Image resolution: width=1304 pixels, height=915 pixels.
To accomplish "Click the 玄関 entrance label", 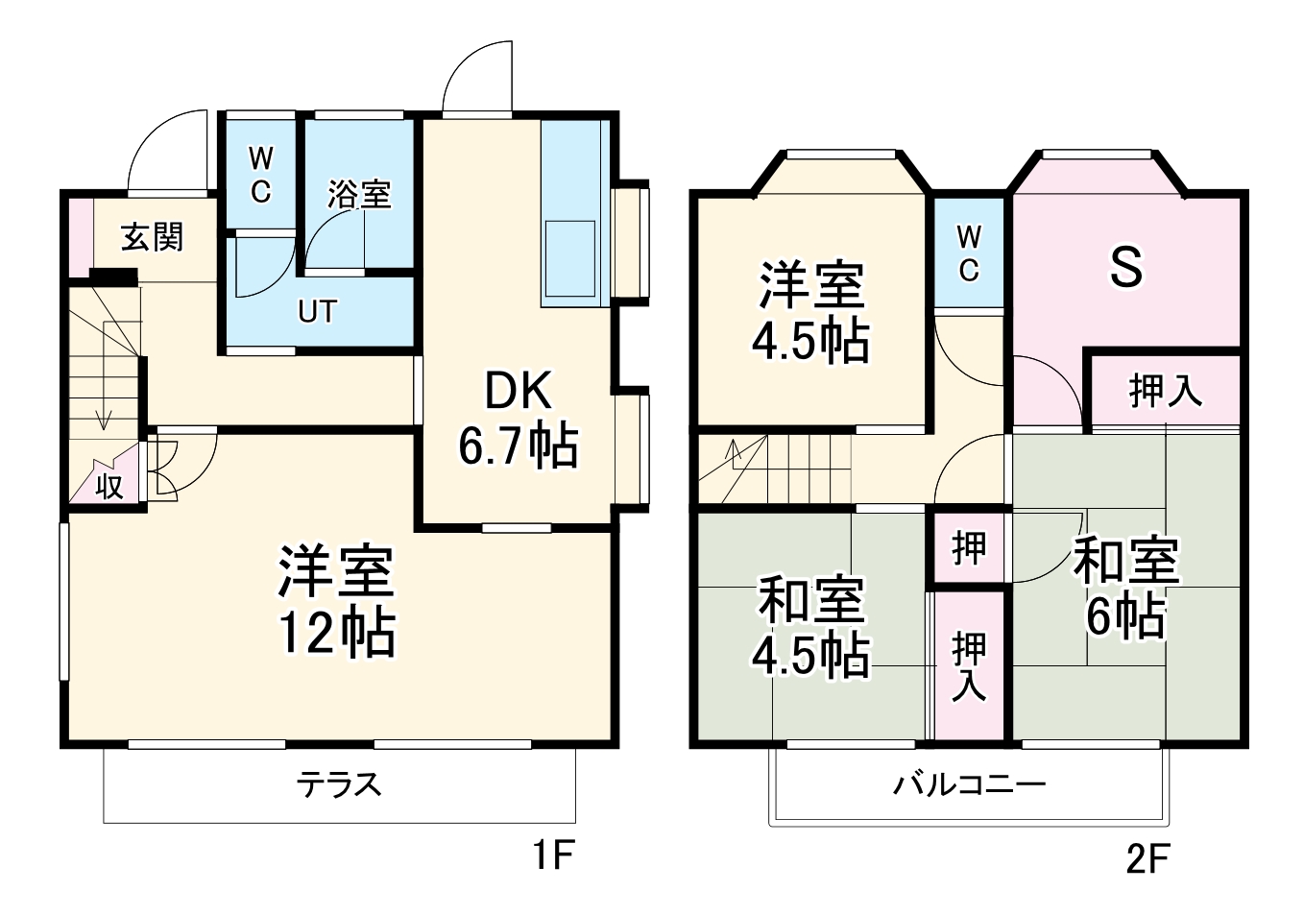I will pyautogui.click(x=152, y=236).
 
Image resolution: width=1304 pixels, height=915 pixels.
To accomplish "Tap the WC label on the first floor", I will pyautogui.click(x=259, y=175).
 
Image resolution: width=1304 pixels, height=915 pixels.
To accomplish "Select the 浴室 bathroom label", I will pyautogui.click(x=358, y=194).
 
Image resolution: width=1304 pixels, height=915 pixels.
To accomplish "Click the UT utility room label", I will pyautogui.click(x=317, y=312).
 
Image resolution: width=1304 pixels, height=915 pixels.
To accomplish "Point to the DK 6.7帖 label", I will pyautogui.click(x=518, y=418).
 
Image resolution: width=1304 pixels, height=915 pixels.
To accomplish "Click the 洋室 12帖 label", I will pyautogui.click(x=336, y=602).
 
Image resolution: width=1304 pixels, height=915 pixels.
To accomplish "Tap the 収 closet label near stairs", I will pyautogui.click(x=109, y=487).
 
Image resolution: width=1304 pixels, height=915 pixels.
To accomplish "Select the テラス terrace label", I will pyautogui.click(x=338, y=784).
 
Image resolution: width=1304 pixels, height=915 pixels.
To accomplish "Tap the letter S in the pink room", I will pyautogui.click(x=1125, y=267).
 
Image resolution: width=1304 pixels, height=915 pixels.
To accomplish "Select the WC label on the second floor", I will pyautogui.click(x=968, y=253).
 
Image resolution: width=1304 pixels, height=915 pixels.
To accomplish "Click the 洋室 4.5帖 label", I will pyautogui.click(x=810, y=312).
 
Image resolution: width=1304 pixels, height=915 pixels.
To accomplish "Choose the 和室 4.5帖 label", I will pyautogui.click(x=810, y=626).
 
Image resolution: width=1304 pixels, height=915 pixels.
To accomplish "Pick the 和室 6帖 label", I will pyautogui.click(x=1125, y=588).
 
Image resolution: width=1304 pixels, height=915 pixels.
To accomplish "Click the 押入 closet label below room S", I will pyautogui.click(x=1164, y=391).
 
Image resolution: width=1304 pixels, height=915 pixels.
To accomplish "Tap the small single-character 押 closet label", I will pyautogui.click(x=968, y=548).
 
